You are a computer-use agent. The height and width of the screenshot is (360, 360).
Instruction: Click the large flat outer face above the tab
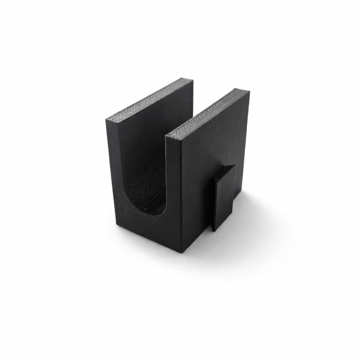coord(211,141)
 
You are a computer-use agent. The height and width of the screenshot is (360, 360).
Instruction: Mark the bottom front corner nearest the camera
coord(181,252)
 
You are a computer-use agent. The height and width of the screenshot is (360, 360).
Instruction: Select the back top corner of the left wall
coord(192,79)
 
